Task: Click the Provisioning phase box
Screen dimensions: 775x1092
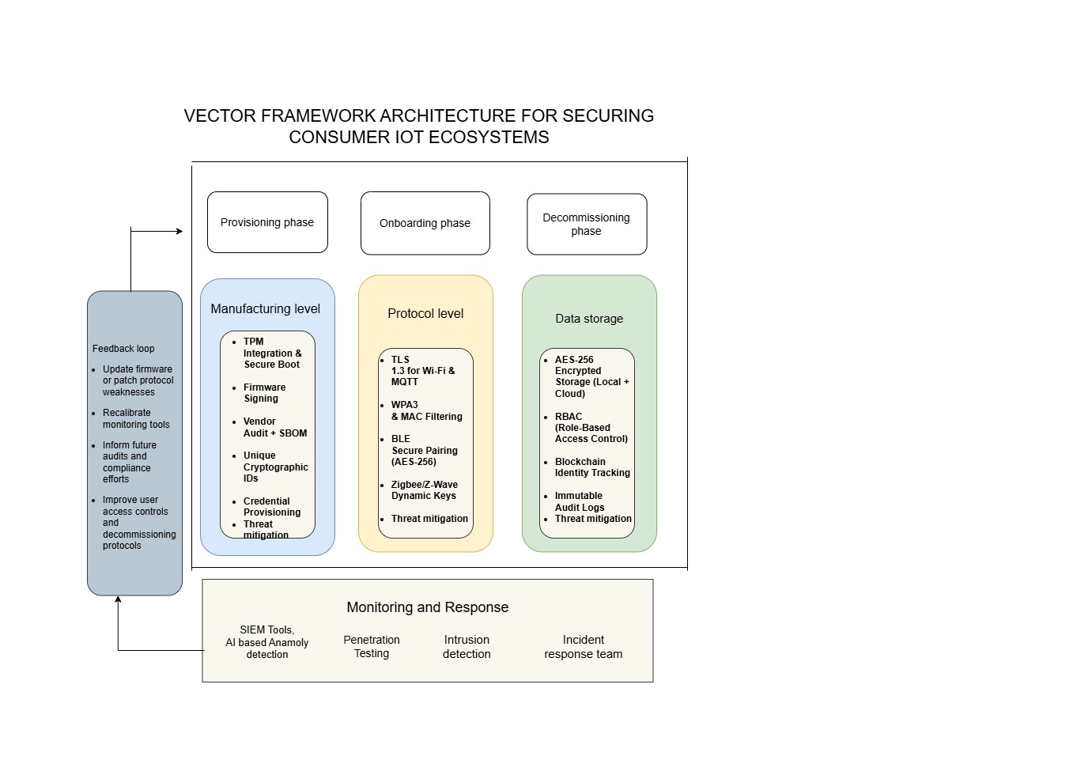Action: pos(267,222)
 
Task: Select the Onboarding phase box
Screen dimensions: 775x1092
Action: pos(425,223)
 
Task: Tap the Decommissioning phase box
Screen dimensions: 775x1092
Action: pos(586,224)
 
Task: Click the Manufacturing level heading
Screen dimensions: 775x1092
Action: pos(266,308)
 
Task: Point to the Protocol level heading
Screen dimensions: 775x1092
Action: pos(425,313)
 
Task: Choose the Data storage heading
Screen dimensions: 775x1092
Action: pos(589,319)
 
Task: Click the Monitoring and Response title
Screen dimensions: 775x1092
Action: pos(427,607)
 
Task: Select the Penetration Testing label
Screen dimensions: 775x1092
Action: pos(372,646)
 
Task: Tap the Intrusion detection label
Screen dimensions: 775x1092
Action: pos(467,646)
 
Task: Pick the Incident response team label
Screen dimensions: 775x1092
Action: pos(583,646)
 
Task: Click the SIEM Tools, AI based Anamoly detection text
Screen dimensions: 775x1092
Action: pos(267,642)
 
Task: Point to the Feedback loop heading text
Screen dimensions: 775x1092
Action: pos(123,349)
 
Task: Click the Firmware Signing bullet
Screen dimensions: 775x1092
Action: pos(264,393)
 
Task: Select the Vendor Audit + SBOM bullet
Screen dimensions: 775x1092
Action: pos(274,427)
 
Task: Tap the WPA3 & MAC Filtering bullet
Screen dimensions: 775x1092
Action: pos(426,410)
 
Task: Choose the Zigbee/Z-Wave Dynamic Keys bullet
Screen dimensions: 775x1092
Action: pos(424,490)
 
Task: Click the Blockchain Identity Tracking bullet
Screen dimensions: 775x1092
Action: pos(591,467)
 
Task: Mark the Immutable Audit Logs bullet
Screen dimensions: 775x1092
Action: pos(579,501)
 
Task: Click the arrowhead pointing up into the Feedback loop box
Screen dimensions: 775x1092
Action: pos(118,600)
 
